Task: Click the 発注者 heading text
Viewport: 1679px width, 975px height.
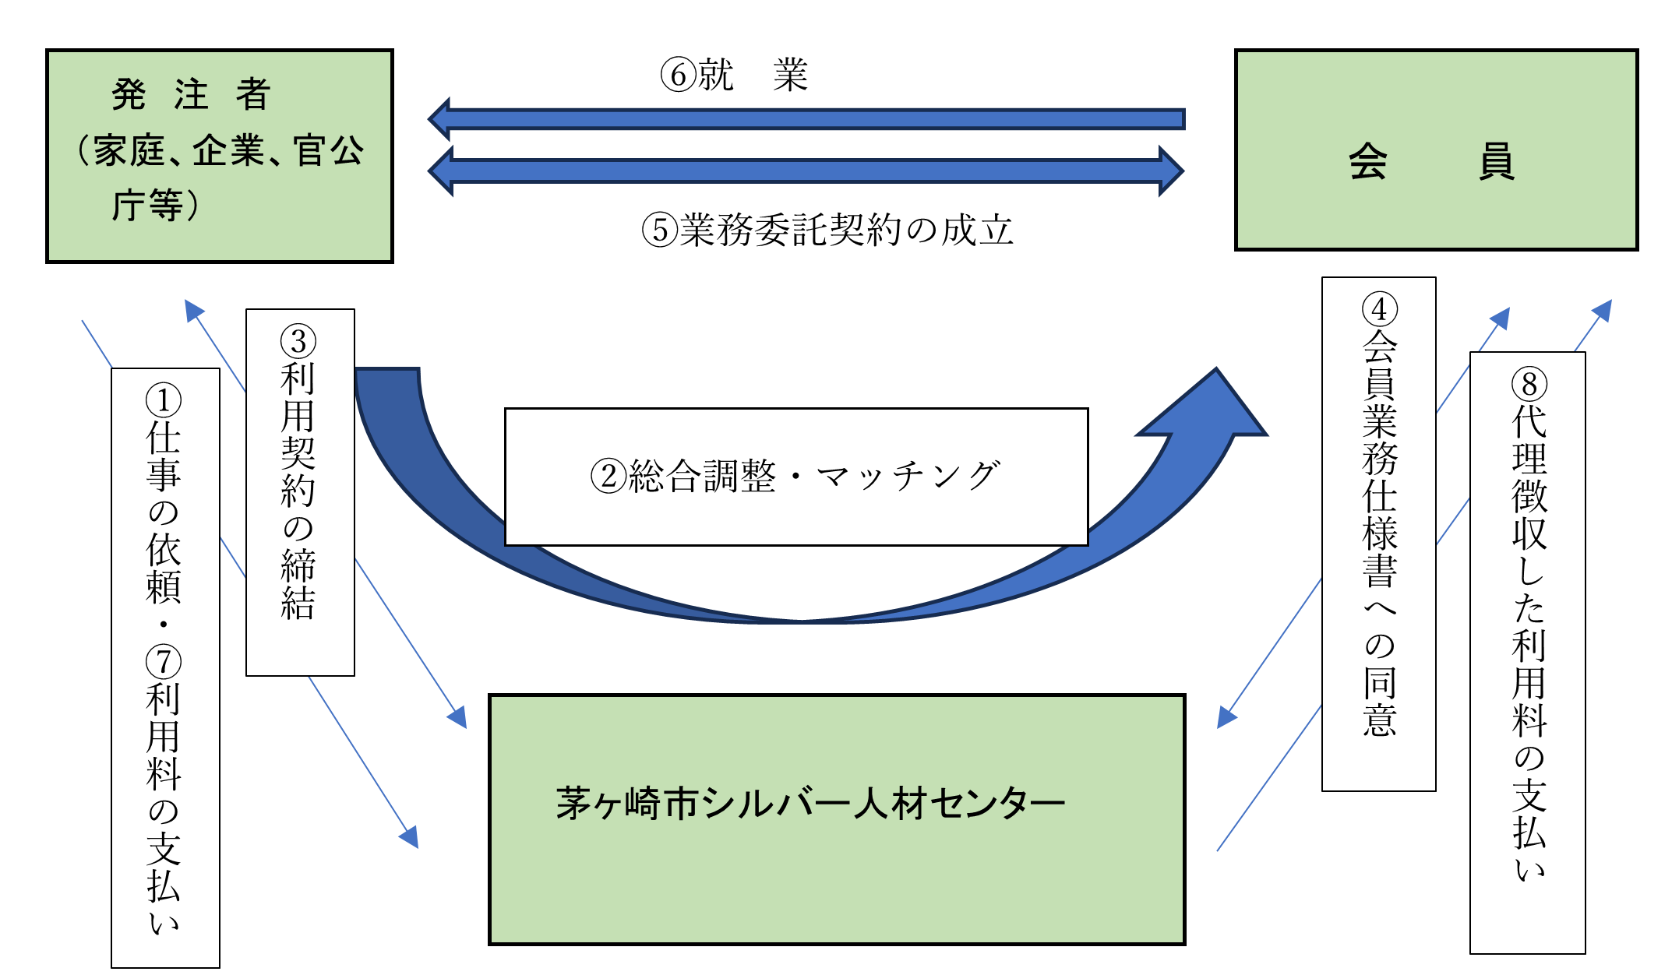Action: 191,95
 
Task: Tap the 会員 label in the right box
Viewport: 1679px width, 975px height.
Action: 1431,162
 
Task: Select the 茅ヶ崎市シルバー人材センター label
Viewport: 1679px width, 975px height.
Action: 810,804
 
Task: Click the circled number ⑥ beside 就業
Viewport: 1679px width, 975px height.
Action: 677,76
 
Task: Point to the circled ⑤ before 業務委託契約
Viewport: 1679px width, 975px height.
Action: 659,231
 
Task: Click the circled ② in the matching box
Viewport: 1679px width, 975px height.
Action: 608,477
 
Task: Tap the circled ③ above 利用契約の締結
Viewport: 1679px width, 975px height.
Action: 298,342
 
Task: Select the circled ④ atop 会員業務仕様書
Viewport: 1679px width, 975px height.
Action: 1379,310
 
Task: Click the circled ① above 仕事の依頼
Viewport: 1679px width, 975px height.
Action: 164,400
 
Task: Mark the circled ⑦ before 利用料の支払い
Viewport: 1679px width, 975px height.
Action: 164,662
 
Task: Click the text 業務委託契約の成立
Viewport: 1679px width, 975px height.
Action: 845,231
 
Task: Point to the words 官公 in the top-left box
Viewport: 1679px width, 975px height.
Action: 328,150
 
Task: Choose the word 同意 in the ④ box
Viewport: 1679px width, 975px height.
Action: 1379,701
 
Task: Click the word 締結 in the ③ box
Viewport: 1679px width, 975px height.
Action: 298,584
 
